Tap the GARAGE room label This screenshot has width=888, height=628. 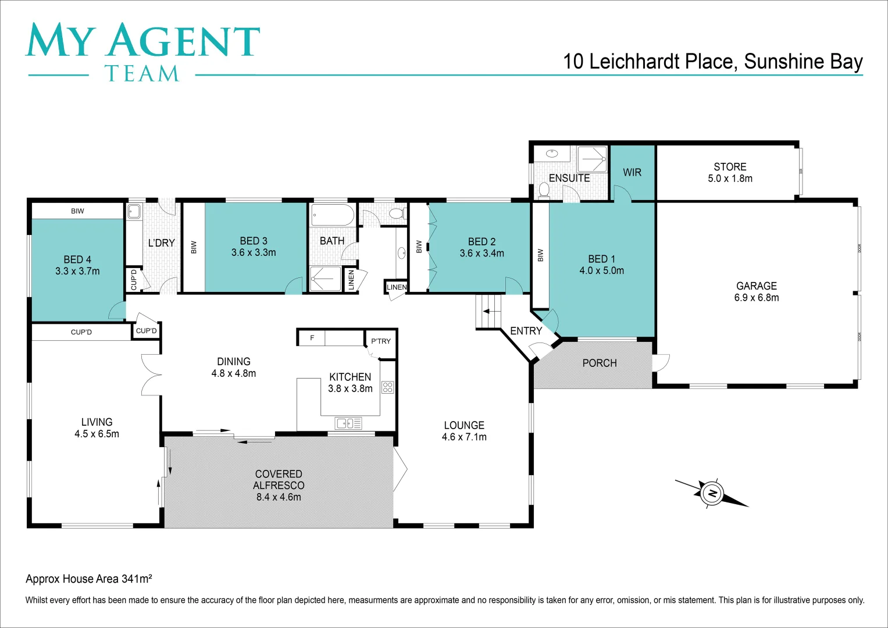[756, 286]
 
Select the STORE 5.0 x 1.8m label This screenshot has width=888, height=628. [730, 173]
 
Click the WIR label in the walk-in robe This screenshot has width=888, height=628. [632, 172]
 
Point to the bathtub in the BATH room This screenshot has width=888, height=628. [333, 215]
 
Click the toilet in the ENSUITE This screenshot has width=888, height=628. [544, 190]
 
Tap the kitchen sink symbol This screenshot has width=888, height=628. [348, 423]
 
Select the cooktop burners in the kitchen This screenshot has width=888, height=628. [388, 387]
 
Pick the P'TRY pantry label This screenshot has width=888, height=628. [381, 341]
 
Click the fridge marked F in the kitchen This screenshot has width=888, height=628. [312, 338]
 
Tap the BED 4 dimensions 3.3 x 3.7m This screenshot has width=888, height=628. [77, 271]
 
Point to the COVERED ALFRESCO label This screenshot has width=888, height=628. [279, 480]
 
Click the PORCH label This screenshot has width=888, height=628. [600, 363]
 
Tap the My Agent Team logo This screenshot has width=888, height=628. [142, 51]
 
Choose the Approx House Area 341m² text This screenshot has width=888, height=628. [89, 579]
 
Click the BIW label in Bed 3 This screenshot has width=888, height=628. [194, 247]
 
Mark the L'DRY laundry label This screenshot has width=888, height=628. [161, 243]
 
